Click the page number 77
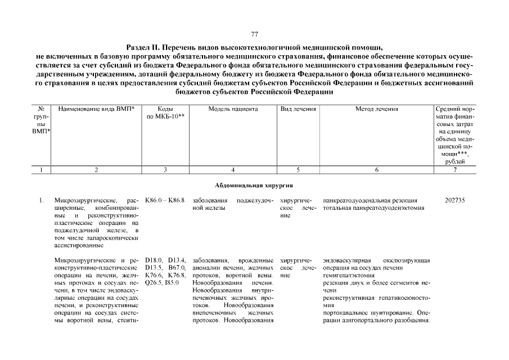tap(254, 34)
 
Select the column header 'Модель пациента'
tap(233, 109)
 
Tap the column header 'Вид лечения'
tap(298, 109)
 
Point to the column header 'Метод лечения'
tap(376, 109)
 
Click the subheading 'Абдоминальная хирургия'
tap(254, 185)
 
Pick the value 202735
tap(454, 200)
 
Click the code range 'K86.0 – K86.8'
tap(165, 200)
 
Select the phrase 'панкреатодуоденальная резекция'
tap(370, 200)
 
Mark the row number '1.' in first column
tap(41, 200)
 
